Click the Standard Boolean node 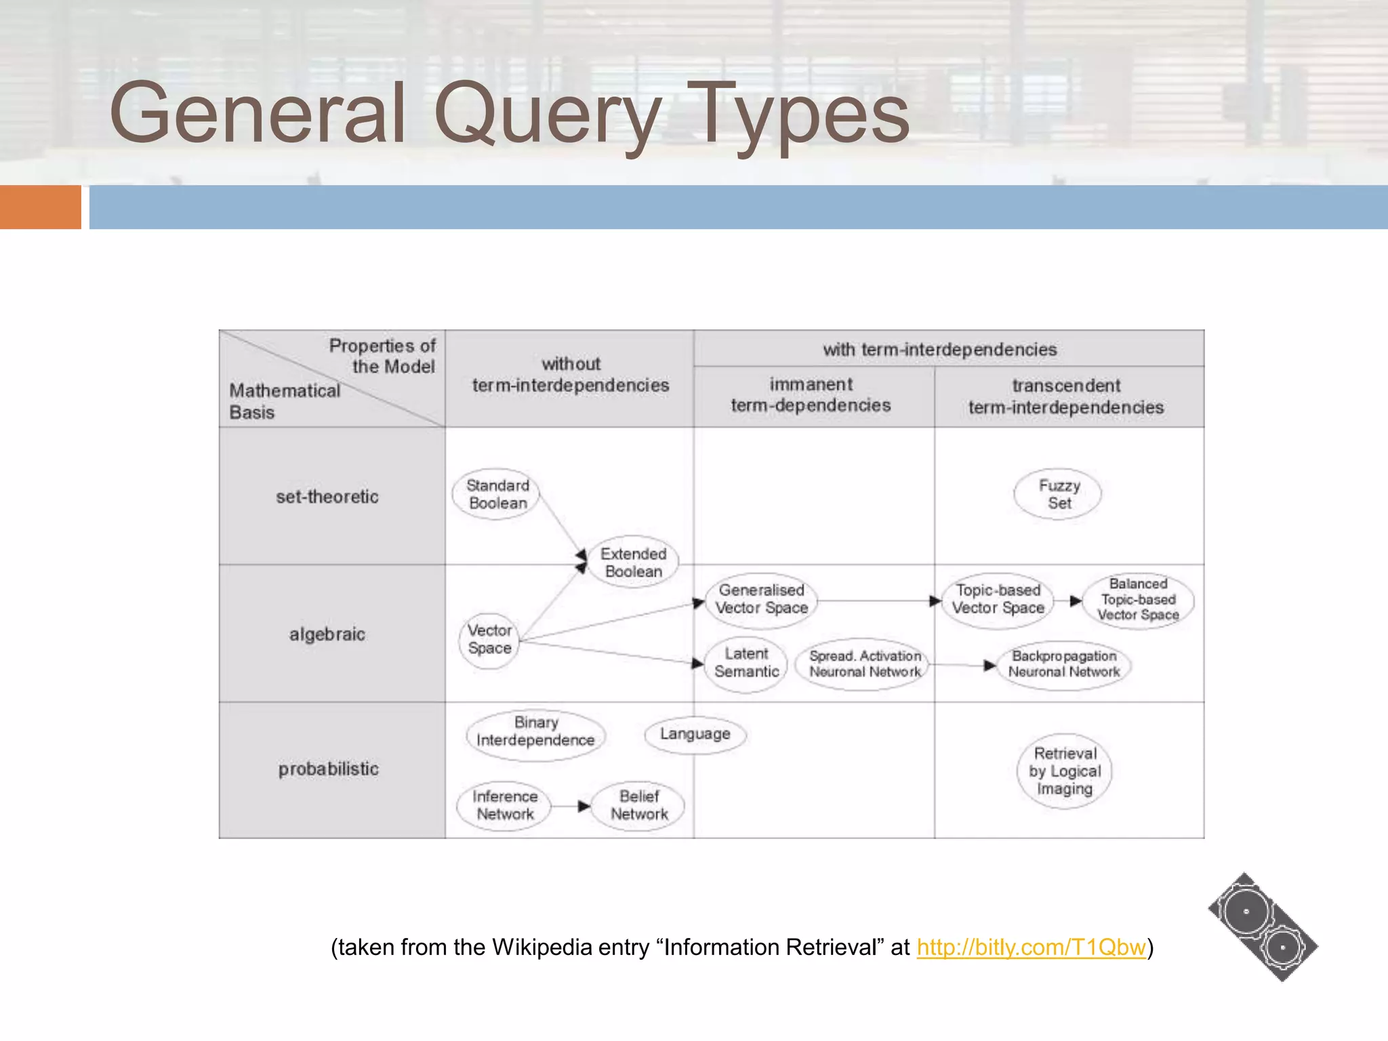[497, 494]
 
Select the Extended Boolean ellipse [633, 563]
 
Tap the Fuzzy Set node [1058, 494]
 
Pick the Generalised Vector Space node [761, 599]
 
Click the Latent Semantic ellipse [746, 663]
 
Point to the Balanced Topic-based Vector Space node [1138, 600]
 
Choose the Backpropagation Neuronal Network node [1063, 664]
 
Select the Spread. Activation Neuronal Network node [864, 664]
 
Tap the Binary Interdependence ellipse [535, 732]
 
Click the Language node [695, 734]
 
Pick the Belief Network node [638, 805]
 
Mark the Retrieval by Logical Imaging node [1064, 771]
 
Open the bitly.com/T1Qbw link [1031, 947]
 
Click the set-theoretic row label [327, 497]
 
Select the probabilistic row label [329, 769]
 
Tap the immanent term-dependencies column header [811, 394]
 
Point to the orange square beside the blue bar [40, 207]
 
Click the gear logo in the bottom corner [1263, 927]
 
